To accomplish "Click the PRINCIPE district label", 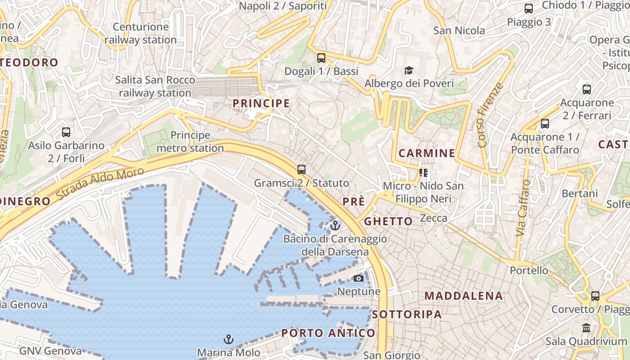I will [x=261, y=103].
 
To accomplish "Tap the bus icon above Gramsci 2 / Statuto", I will [x=301, y=170].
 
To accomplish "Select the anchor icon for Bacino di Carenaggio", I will [x=335, y=225].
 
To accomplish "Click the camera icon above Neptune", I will [x=359, y=278].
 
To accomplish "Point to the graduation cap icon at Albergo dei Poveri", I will [x=409, y=70].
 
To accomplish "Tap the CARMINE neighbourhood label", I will [x=427, y=153].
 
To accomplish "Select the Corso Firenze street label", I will [x=490, y=115].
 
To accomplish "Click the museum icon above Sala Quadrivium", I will [x=586, y=328].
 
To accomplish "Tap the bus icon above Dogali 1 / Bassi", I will [x=321, y=58].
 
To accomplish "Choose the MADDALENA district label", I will [x=463, y=296].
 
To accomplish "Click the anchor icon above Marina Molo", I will [x=229, y=338].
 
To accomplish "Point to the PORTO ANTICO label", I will [x=328, y=333].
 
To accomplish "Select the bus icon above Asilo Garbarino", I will [x=66, y=132].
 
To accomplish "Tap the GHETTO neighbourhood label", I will [x=388, y=221].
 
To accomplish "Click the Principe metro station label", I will [x=190, y=142].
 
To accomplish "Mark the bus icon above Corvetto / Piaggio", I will [x=595, y=296].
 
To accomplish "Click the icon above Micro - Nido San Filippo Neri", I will [x=423, y=172].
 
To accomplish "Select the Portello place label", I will [x=529, y=270].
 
